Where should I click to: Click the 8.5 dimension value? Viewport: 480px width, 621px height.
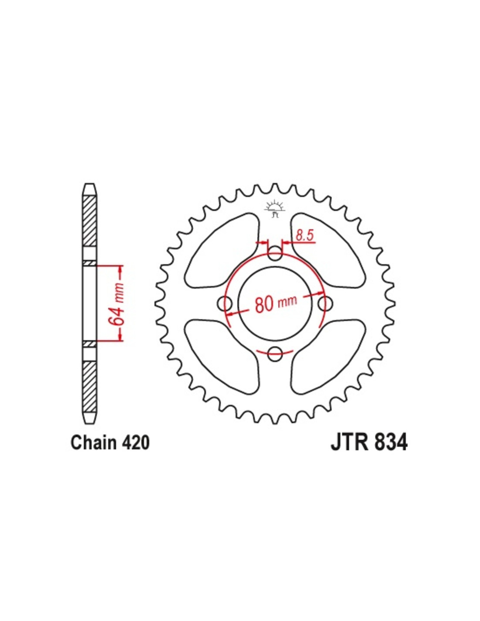305,236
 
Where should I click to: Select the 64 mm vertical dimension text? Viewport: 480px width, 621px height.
118,304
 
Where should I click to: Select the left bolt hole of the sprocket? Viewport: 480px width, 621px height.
224,304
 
